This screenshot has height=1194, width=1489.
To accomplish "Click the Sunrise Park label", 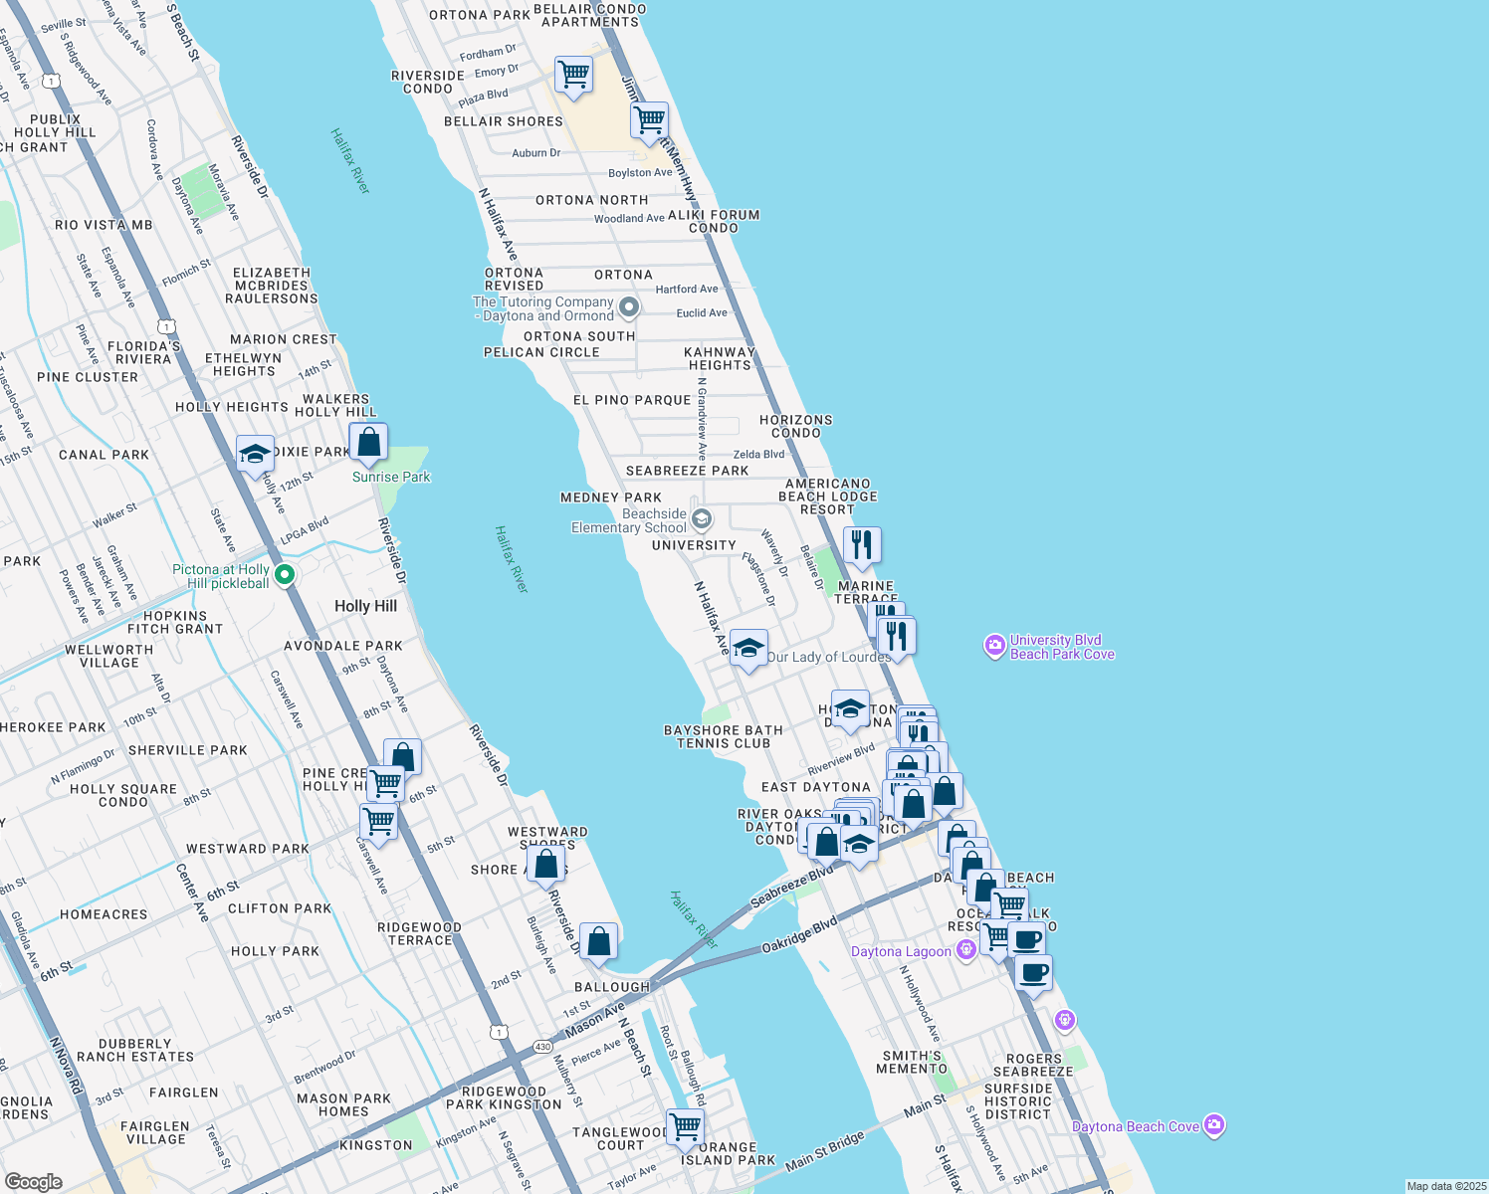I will (391, 478).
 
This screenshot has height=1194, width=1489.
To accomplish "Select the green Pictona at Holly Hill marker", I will (285, 575).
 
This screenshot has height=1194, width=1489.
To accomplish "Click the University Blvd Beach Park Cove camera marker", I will (994, 647).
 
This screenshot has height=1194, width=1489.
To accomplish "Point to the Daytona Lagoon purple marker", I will (965, 951).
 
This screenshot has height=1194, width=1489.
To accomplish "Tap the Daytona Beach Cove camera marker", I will (1213, 1125).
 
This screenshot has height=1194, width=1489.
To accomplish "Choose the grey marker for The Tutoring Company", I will (628, 306).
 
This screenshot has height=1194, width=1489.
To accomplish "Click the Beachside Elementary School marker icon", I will (702, 519).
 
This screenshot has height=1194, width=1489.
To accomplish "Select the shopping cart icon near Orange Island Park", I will (686, 1127).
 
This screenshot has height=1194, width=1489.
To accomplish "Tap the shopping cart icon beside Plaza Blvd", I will (573, 75).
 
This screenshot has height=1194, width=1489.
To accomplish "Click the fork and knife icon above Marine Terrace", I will (862, 545).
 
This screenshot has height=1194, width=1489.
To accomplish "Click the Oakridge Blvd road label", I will (799, 935).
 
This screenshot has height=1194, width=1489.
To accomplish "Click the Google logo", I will (33, 1181).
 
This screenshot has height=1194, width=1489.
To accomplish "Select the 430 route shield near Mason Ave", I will (542, 1047).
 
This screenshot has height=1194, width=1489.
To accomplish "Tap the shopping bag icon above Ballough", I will (598, 942).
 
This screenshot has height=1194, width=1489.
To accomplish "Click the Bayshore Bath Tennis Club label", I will (724, 737).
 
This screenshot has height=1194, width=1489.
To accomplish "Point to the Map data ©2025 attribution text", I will (1445, 1186).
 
